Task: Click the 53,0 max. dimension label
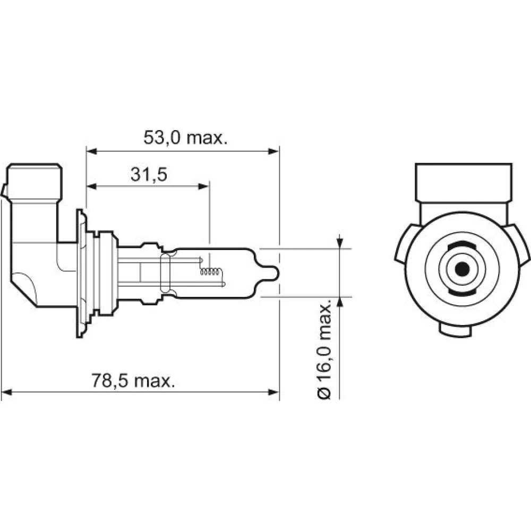click(x=185, y=138)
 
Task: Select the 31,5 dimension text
click(x=149, y=175)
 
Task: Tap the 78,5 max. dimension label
click(x=133, y=381)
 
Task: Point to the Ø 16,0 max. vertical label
click(x=324, y=349)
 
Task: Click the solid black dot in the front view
click(x=463, y=269)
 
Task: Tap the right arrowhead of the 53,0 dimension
click(x=273, y=151)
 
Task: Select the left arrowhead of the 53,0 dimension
click(x=92, y=151)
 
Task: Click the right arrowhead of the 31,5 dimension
click(x=203, y=186)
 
